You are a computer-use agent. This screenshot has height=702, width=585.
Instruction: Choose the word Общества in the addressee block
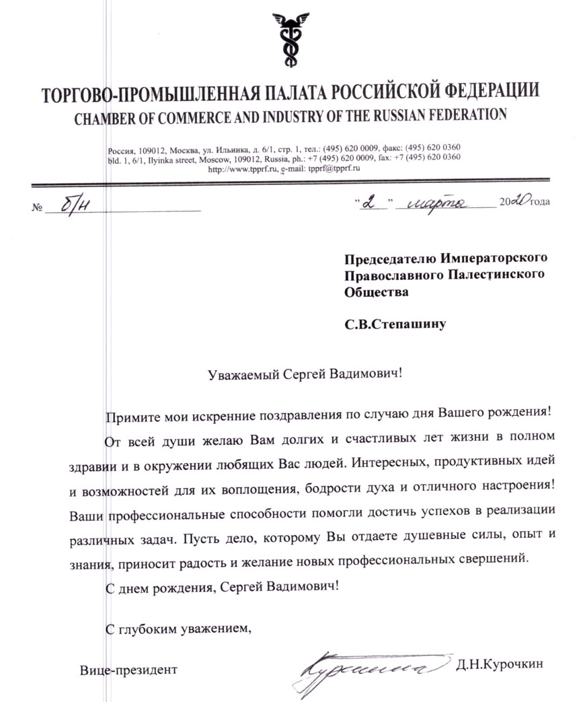pyautogui.click(x=376, y=292)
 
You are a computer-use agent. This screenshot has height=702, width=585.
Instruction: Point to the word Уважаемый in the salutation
pyautogui.click(x=238, y=374)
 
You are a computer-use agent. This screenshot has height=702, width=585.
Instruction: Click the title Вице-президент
pyautogui.click(x=128, y=669)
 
